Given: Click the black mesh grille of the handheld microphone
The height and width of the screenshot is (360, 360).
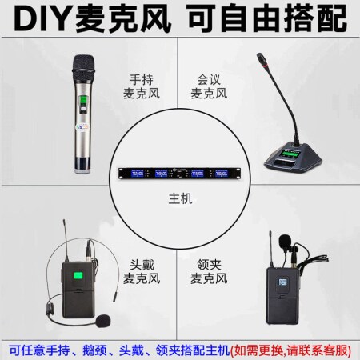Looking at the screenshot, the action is coord(84,67).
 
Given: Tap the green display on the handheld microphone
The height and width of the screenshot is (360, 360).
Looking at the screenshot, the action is coord(83,101).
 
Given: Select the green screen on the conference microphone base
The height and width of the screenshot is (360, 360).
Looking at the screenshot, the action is coord(290,154).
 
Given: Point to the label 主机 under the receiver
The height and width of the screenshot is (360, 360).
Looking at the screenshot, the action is coord(180,199).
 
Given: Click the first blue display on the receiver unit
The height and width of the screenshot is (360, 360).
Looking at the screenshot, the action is coord(138,174).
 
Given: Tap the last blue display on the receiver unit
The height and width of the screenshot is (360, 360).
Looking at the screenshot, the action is coord(222,174).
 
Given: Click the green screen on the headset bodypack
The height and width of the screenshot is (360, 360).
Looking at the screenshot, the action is coord(78,276).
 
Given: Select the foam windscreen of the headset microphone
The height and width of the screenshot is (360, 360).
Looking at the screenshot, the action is coord(102,321).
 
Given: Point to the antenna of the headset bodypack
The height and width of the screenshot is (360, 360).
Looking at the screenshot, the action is coord(66,241).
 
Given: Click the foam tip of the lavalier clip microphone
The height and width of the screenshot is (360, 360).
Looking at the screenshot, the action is coord(285,241).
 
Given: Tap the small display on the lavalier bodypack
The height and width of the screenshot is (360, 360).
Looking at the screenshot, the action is coord(282,282).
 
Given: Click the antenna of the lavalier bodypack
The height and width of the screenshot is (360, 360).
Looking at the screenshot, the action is coord(271,250).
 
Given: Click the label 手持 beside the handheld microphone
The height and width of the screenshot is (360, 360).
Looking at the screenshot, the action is coord(142,79).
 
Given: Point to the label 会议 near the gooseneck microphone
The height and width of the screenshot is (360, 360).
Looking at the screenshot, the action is coord(209,79).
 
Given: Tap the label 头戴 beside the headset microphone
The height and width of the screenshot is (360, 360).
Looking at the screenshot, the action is coord(142,265).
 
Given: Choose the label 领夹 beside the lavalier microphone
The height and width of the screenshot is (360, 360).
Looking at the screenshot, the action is coord(209,265).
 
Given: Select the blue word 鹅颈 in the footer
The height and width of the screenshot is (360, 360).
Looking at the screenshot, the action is coord(94,350).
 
